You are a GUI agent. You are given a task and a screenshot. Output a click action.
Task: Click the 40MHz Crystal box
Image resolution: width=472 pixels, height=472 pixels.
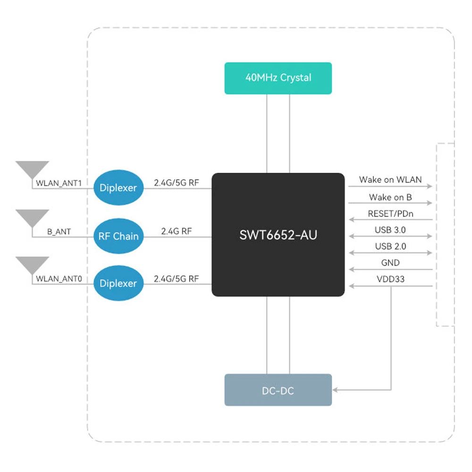[278, 78]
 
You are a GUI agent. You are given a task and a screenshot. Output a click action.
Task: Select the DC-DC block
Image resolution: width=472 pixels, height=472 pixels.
[278, 390]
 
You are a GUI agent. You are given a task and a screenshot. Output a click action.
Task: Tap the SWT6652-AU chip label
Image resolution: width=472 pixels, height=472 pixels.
[278, 235]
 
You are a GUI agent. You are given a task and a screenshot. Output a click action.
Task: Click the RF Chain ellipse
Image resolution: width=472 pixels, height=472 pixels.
[119, 236]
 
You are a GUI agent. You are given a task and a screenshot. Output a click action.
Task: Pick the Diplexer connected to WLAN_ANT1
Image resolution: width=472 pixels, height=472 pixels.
[118, 188]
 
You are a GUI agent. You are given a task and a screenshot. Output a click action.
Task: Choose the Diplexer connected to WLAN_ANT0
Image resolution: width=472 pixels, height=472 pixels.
[118, 284]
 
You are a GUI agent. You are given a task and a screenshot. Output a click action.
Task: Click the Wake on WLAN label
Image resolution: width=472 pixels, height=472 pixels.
[390, 179]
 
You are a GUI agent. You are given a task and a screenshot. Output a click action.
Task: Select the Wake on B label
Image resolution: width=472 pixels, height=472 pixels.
[390, 197]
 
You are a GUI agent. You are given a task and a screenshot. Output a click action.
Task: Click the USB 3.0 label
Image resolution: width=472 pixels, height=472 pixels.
[390, 230]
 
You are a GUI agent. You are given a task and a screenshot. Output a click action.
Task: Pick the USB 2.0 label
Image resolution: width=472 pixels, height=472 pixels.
[390, 246]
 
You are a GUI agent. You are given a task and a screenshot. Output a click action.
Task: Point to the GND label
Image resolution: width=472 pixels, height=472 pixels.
[390, 263]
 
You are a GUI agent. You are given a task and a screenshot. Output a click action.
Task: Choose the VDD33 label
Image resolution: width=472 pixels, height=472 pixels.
[390, 279]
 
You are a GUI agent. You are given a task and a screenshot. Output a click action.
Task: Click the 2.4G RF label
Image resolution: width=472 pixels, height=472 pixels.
[177, 231]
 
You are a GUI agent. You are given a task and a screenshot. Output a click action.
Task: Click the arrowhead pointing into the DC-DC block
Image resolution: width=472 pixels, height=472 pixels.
[336, 390]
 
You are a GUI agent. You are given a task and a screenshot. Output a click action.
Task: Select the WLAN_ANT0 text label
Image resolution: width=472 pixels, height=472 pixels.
[59, 279]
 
